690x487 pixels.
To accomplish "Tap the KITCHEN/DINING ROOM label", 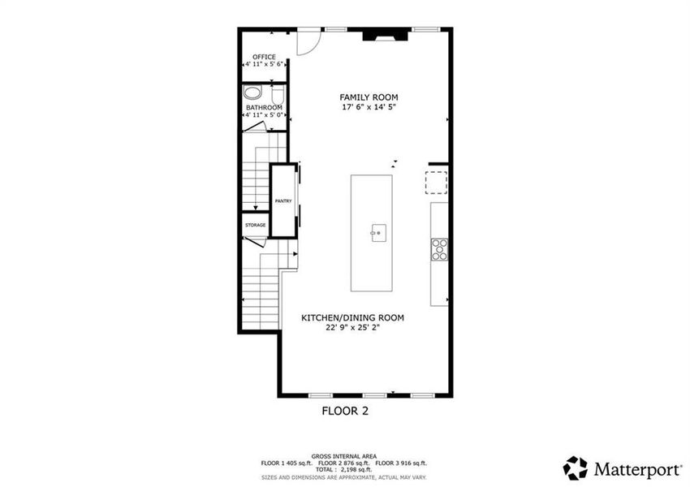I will (x=353, y=317).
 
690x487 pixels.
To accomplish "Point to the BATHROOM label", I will (x=264, y=108).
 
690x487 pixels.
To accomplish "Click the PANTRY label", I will (x=283, y=201).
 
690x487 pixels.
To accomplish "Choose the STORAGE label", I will (x=256, y=225).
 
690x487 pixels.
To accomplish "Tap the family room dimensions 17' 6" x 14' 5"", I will (x=369, y=107).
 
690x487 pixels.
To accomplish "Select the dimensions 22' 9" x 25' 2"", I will (x=353, y=328).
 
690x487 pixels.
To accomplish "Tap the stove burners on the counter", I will (x=440, y=249).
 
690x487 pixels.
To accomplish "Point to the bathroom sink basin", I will (x=252, y=93).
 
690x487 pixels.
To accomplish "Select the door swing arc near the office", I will (x=306, y=44).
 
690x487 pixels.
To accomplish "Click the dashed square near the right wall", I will (x=438, y=183).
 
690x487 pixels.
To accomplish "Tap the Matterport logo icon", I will (x=576, y=468).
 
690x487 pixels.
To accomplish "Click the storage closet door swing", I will (x=254, y=241).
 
